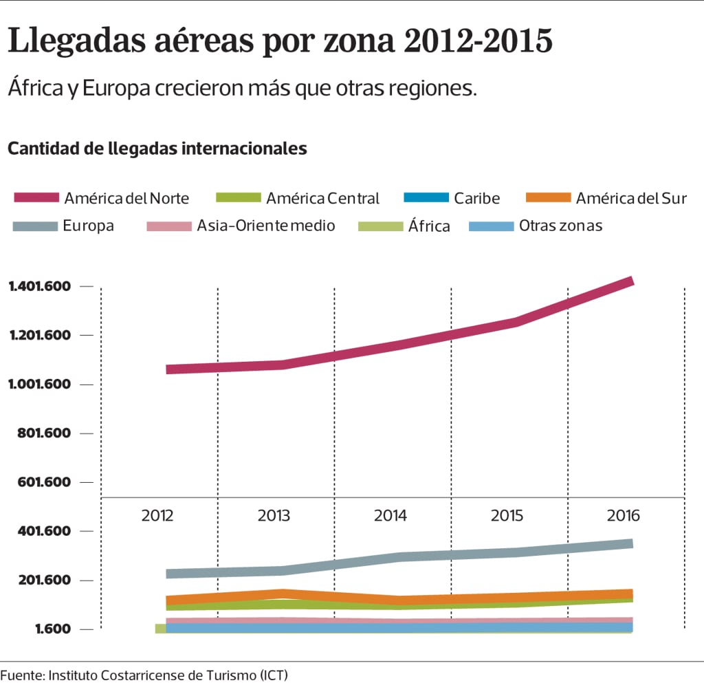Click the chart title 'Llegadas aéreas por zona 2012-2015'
(x=280, y=41)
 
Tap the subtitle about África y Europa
(x=242, y=89)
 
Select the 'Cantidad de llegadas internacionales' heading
(x=157, y=148)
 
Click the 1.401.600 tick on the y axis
(x=40, y=286)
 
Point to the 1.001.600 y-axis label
(x=40, y=384)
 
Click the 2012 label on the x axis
(x=157, y=516)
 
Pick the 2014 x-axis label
(x=390, y=516)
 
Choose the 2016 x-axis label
(x=624, y=516)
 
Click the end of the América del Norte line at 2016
(x=630, y=281)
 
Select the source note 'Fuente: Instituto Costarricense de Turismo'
(x=144, y=675)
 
